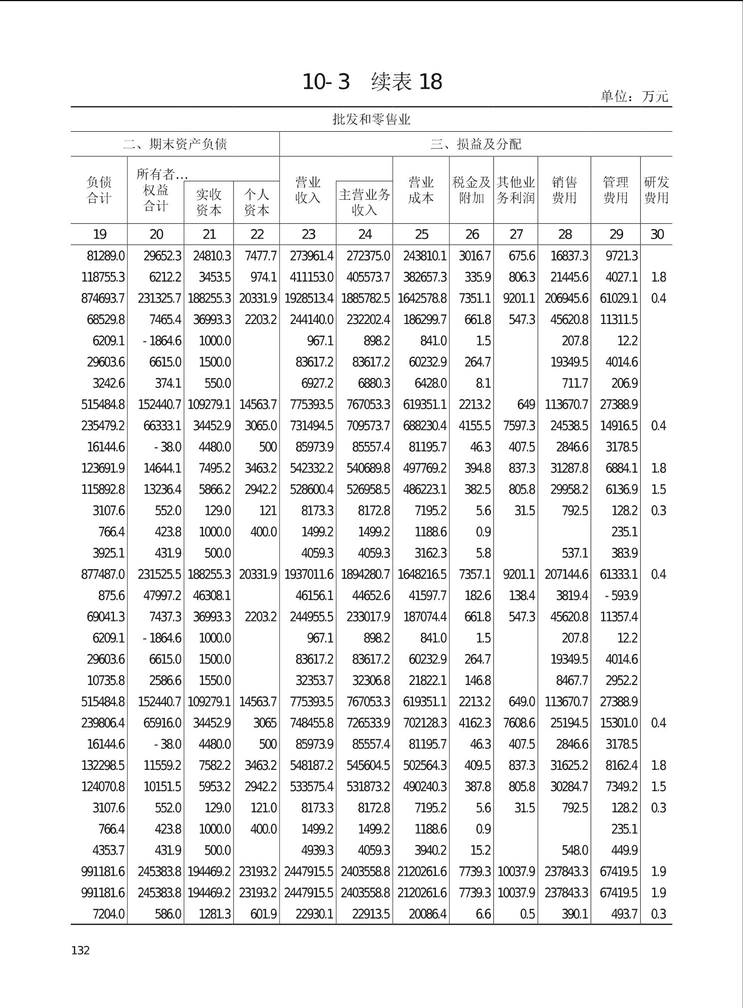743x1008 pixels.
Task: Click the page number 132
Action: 80,950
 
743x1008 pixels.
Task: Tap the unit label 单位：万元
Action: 634,96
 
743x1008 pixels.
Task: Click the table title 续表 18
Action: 406,82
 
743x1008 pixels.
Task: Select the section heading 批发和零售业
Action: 371,119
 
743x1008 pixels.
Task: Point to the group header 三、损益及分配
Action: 476,144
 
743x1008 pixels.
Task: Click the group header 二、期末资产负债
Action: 175,144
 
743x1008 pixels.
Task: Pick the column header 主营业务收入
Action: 365,202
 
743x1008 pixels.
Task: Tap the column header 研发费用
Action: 656,190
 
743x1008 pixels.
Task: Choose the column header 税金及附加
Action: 471,190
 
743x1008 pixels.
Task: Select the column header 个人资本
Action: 257,202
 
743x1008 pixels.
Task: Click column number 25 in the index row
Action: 421,234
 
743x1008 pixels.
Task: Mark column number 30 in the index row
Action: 657,234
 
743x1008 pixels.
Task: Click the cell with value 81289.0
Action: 105,256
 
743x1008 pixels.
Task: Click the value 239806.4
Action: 103,723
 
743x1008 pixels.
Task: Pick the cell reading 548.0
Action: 574,850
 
